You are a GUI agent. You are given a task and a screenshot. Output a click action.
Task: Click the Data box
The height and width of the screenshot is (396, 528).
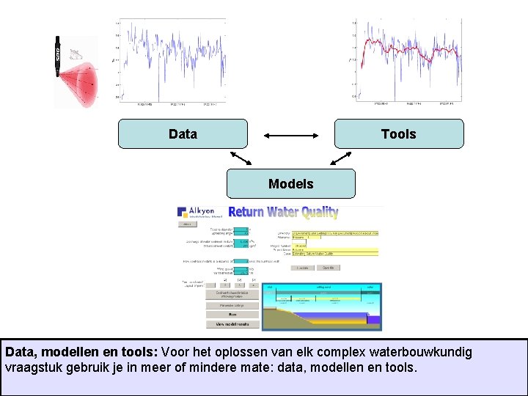click(x=182, y=134)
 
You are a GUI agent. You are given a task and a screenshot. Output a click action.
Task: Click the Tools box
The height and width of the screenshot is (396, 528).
click(x=398, y=134)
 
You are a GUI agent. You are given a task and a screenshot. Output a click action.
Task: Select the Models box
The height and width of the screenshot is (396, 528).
click(x=290, y=184)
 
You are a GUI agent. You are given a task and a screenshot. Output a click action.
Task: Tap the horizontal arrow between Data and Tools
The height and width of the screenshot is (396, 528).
click(x=291, y=135)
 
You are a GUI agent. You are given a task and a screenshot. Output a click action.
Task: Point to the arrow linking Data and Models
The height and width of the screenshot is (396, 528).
click(x=240, y=158)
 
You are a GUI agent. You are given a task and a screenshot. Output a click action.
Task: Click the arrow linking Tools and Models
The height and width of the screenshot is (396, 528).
click(x=340, y=158)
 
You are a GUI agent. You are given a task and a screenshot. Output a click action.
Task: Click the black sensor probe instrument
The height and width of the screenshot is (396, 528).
click(x=56, y=56)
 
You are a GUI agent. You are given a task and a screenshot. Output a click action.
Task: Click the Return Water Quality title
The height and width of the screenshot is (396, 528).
click(x=283, y=213)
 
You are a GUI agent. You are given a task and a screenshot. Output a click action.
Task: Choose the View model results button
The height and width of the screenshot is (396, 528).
click(x=232, y=323)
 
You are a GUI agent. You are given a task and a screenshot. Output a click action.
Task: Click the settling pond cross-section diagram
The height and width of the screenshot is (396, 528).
click(x=323, y=308)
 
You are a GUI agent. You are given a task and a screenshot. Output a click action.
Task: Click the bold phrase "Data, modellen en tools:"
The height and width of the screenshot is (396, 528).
click(x=81, y=352)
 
